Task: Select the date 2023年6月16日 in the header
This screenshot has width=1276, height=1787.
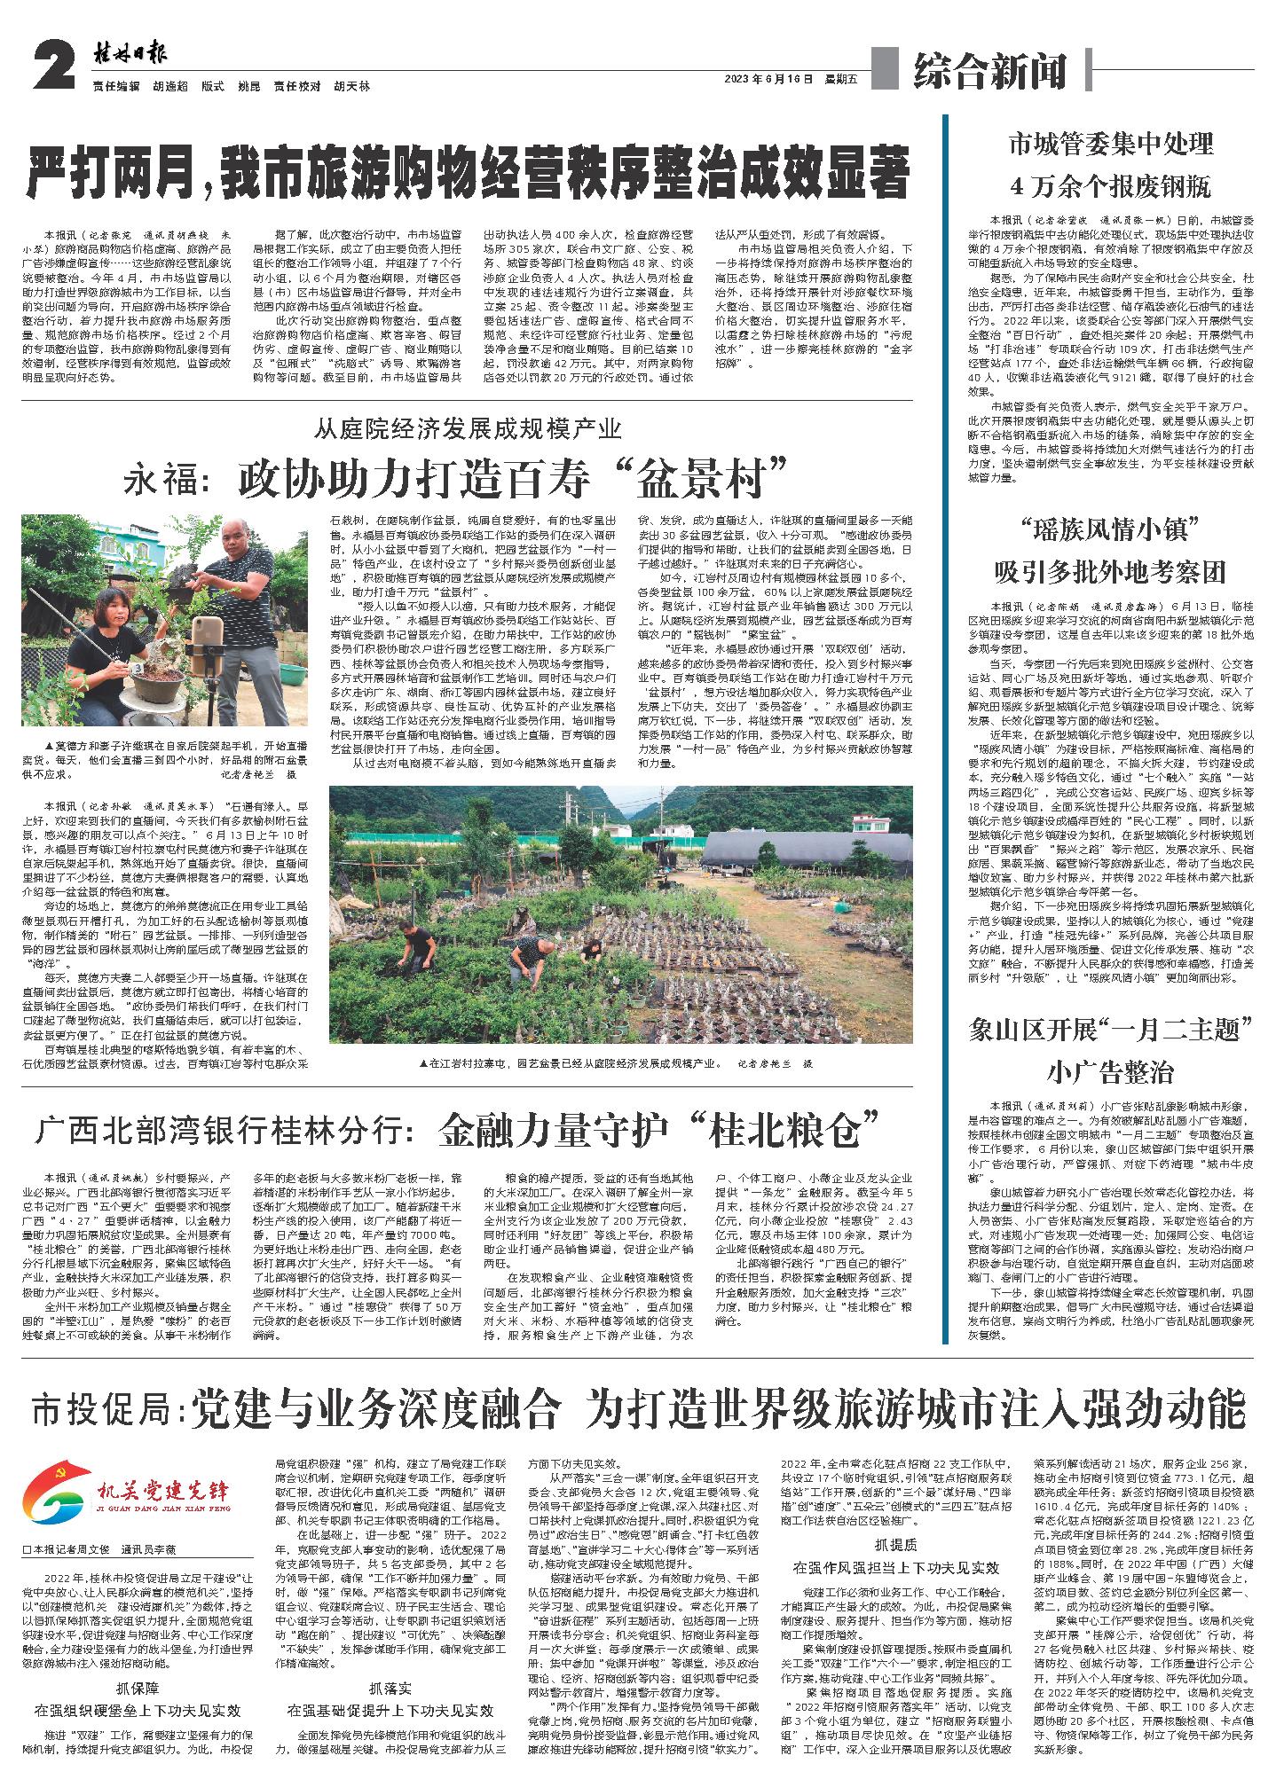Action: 768,78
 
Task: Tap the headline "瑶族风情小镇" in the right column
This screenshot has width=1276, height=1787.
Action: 1110,533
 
